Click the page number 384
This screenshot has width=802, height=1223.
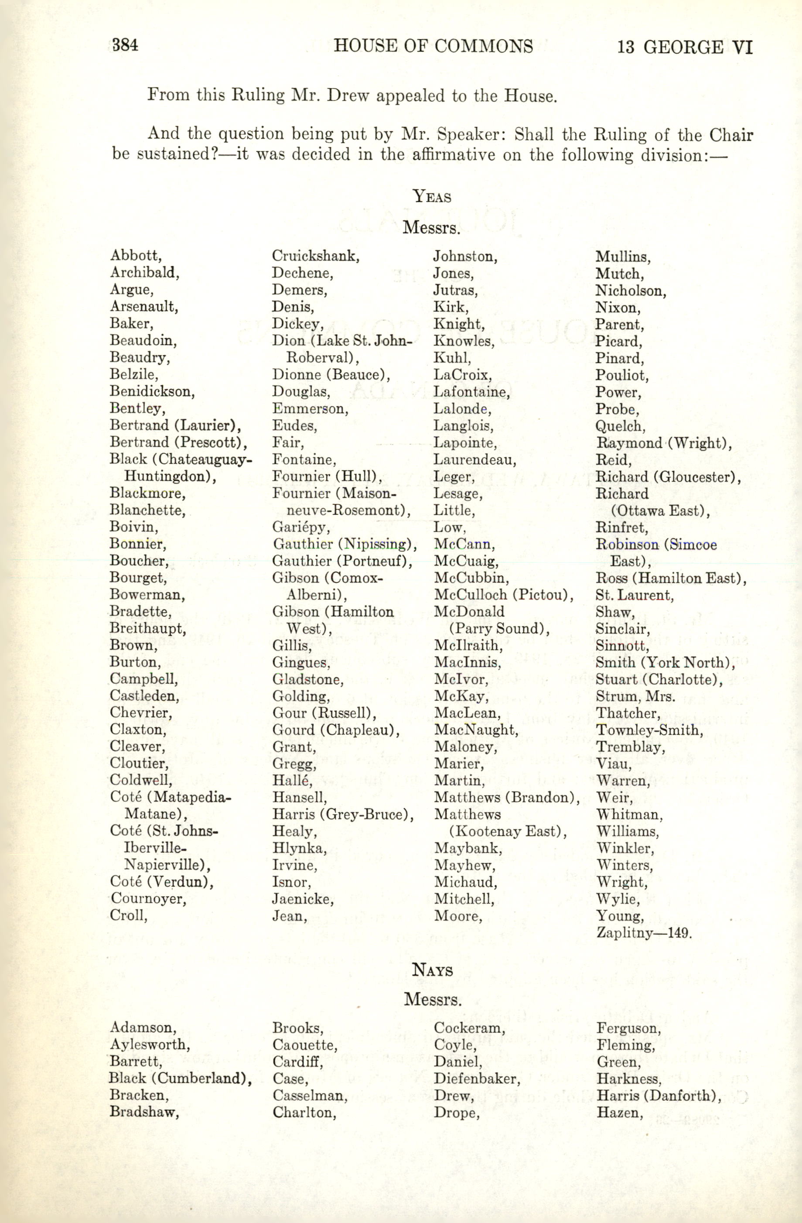click(x=125, y=45)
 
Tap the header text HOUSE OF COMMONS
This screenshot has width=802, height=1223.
click(x=433, y=46)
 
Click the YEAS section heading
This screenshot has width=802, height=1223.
click(x=432, y=196)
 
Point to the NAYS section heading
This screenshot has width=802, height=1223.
click(x=432, y=970)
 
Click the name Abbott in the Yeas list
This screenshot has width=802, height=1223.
click(x=136, y=255)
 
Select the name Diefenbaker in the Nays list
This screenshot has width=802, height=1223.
click(x=476, y=1079)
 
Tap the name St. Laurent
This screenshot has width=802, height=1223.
click(x=634, y=595)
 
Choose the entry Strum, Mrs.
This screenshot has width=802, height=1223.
click(x=635, y=697)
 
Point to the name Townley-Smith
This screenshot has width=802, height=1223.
click(x=649, y=730)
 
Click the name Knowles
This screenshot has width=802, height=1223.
click(x=464, y=341)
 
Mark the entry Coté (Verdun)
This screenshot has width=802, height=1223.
click(x=161, y=882)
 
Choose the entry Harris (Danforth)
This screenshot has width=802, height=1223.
click(x=658, y=1096)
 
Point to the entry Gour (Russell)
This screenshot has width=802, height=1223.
click(x=324, y=713)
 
